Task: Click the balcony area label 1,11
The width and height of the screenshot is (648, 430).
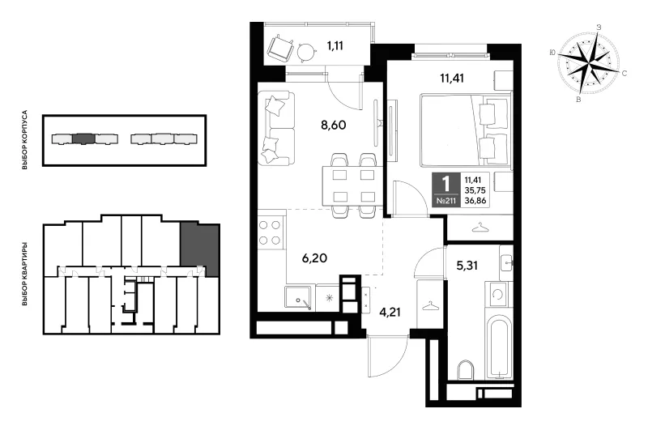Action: [335, 46]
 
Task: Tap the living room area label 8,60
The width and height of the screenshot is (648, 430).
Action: [333, 125]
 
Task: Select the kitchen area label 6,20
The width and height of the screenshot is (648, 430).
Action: [314, 258]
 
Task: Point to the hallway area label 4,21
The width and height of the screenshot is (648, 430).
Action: [390, 312]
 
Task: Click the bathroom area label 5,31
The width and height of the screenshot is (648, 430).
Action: [467, 265]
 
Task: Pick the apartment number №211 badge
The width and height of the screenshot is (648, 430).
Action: [446, 202]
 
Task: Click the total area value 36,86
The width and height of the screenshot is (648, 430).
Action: [475, 201]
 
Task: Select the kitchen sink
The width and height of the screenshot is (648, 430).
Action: [299, 297]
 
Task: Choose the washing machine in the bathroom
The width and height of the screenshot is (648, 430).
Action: [498, 294]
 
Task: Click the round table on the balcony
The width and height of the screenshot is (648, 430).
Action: [307, 51]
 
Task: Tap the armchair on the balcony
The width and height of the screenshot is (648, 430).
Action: [281, 47]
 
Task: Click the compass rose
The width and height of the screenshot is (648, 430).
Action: [589, 64]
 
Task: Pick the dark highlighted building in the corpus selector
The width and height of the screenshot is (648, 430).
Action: [83, 138]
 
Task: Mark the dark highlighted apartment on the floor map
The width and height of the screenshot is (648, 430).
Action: [199, 249]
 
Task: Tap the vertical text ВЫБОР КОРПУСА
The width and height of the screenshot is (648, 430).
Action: [25, 140]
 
